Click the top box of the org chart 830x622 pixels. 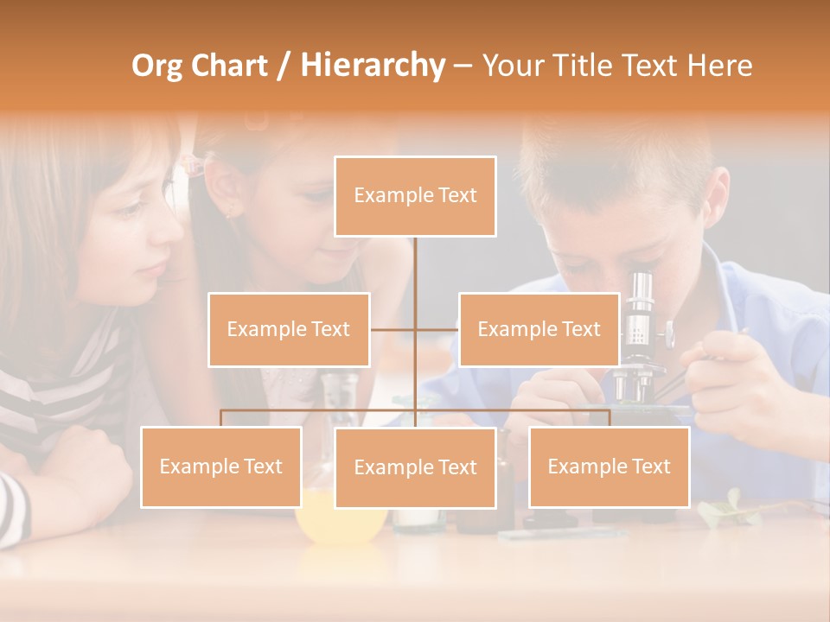[x=415, y=196]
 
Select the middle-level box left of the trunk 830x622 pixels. [x=289, y=329]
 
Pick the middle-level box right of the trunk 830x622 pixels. [x=539, y=329]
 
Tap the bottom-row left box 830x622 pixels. [x=221, y=466]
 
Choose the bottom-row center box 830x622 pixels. [x=415, y=467]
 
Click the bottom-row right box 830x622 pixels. [x=609, y=466]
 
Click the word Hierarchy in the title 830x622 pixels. [x=373, y=66]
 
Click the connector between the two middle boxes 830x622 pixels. [x=415, y=329]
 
